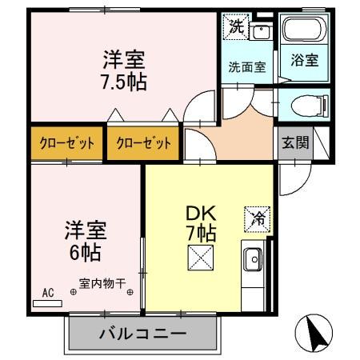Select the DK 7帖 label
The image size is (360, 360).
(x=201, y=223)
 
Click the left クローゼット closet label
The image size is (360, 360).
(x=67, y=144)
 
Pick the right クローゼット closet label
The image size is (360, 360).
(x=143, y=144)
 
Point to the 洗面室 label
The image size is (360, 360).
(x=246, y=68)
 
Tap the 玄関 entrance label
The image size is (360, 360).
(x=294, y=143)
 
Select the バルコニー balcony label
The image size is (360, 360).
(x=143, y=334)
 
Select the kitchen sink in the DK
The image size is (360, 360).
(x=254, y=259)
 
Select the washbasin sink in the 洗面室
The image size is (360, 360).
(x=261, y=32)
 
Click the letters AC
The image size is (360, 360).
(x=48, y=294)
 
